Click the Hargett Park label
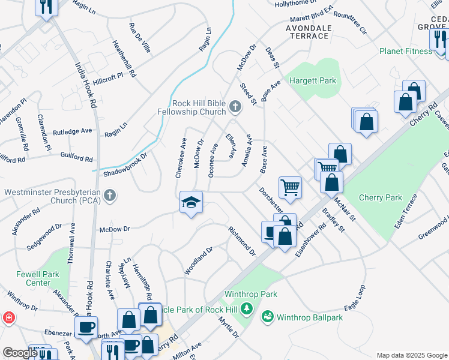(x=313, y=81)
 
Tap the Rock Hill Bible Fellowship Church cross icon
(x=235, y=108)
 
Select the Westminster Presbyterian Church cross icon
(x=109, y=196)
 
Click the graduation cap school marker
(x=191, y=203)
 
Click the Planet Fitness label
(x=405, y=51)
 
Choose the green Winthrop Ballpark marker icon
(x=267, y=316)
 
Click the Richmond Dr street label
(x=242, y=240)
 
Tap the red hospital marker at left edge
(x=8, y=317)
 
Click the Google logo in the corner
(x=19, y=353)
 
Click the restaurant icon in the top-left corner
(x=45, y=7)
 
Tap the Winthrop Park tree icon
(x=246, y=309)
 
